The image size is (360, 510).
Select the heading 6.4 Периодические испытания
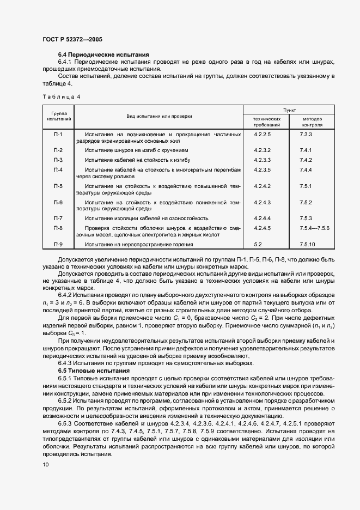(103, 55)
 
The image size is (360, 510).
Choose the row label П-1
(58, 134)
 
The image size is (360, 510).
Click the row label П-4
(58, 170)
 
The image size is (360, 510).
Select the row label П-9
(58, 245)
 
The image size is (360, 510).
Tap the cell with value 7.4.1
(305, 150)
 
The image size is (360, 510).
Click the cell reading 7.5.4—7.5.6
(314, 228)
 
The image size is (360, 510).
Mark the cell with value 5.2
(258, 245)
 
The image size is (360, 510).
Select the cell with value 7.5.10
(307, 245)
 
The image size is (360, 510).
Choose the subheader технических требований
(267, 121)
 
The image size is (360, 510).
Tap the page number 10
(45, 464)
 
